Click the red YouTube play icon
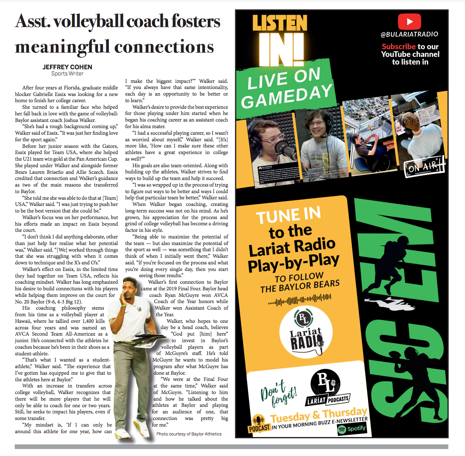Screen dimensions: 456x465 tap(409, 22)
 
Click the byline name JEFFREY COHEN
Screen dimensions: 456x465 tap(67, 67)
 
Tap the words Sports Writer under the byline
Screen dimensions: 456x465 tap(67, 74)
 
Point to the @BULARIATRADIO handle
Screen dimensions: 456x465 tap(409, 34)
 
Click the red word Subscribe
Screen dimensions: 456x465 tap(398, 46)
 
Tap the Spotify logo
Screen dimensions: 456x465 tap(351, 429)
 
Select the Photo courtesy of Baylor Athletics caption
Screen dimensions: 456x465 tap(189, 434)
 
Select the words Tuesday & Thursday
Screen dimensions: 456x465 tap(319, 415)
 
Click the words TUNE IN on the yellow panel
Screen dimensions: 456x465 tap(288, 215)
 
